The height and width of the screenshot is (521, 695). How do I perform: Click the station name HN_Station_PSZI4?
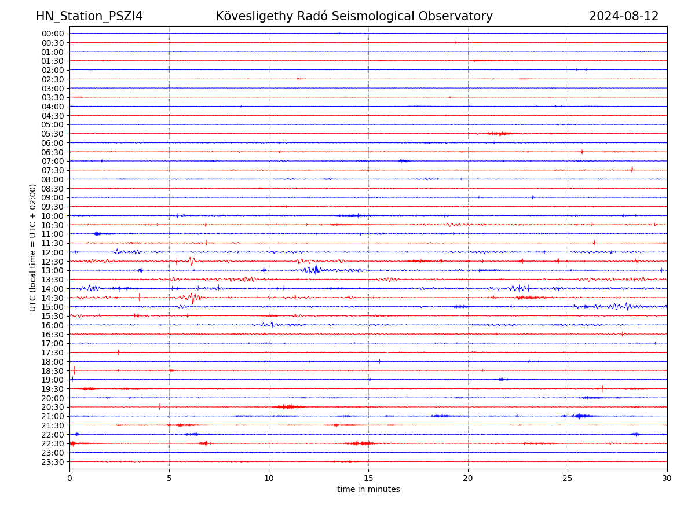click(x=89, y=16)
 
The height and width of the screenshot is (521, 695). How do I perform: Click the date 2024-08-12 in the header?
click(x=623, y=16)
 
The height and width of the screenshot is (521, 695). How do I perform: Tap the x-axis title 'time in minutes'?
click(x=368, y=489)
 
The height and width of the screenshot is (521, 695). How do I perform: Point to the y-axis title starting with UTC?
click(x=33, y=247)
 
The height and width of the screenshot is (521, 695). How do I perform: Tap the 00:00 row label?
click(x=53, y=34)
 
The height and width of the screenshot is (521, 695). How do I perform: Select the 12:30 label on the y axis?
click(x=53, y=262)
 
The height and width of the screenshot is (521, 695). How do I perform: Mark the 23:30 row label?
click(x=53, y=462)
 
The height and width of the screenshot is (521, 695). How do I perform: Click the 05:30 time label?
click(x=53, y=134)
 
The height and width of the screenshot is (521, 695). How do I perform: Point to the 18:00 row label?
click(x=53, y=362)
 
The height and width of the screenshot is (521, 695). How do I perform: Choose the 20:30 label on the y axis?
click(x=53, y=407)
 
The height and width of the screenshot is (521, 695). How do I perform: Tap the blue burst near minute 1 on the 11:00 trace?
click(x=97, y=234)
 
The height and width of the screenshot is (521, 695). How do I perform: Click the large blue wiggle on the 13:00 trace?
click(x=313, y=269)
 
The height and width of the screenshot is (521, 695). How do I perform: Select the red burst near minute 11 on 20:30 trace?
click(x=288, y=407)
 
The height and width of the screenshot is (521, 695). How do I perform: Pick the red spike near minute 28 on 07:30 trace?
click(x=632, y=170)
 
